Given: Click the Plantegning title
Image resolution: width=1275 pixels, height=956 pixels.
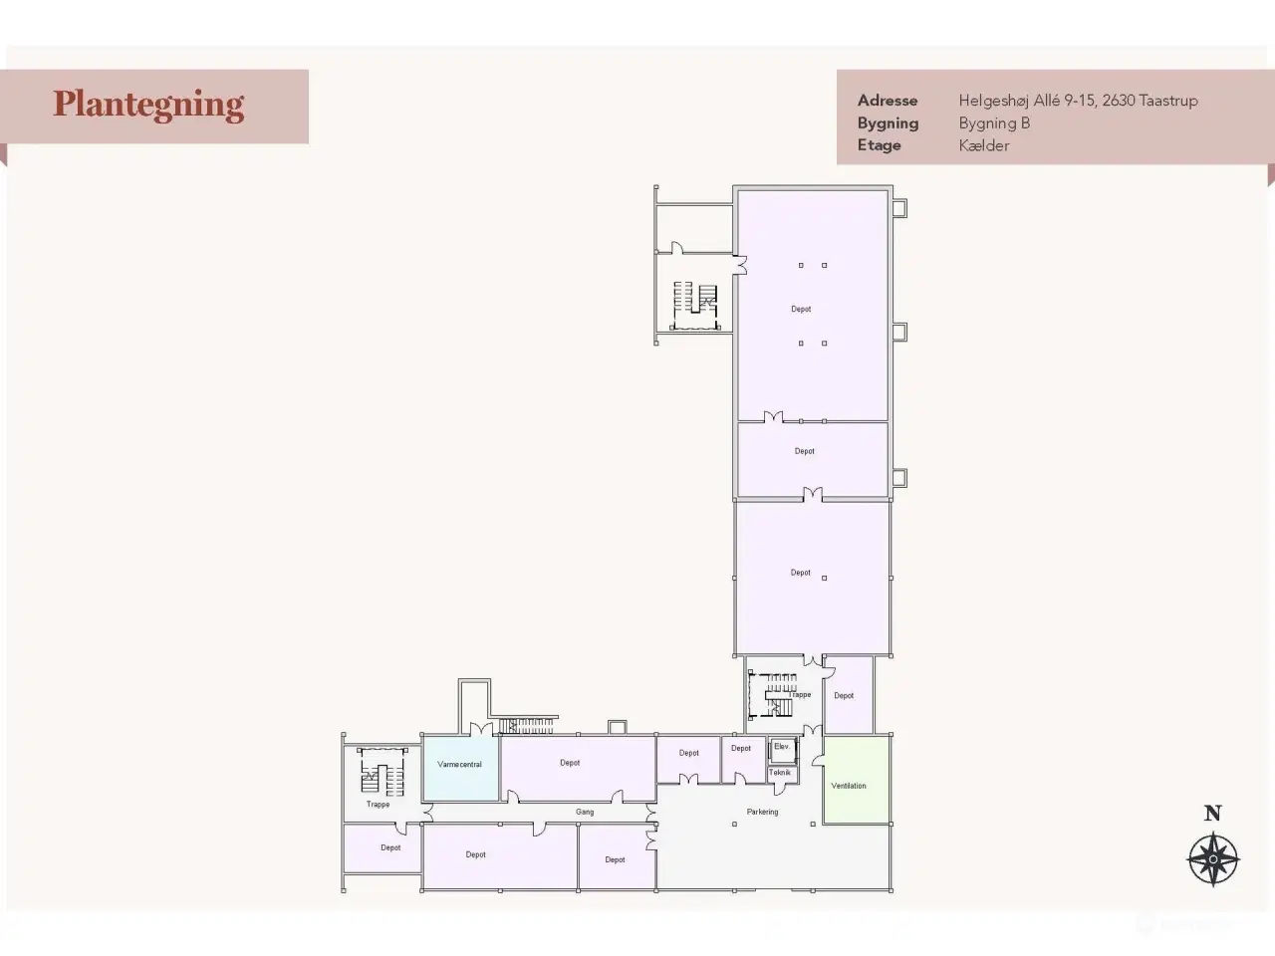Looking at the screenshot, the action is [148, 106].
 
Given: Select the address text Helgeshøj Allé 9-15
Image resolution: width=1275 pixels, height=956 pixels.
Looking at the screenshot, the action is [1026, 101].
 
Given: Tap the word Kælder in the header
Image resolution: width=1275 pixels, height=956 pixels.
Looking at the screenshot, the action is [984, 145].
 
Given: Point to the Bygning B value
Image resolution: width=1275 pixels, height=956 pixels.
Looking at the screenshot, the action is [994, 123].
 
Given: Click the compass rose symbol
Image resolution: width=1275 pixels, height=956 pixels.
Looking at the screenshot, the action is [1213, 859].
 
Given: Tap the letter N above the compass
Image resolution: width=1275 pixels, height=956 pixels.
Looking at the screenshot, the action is [1213, 814].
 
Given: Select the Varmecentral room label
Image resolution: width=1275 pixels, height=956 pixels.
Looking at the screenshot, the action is [459, 765].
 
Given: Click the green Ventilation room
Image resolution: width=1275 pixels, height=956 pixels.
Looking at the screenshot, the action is [857, 780].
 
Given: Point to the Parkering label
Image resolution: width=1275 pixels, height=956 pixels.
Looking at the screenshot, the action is [762, 812].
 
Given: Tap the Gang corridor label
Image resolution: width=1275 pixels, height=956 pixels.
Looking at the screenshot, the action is [585, 812].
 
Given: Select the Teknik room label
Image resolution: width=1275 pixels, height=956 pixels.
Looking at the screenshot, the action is [780, 773].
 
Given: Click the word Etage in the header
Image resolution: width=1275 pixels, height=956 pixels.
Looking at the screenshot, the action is [879, 145].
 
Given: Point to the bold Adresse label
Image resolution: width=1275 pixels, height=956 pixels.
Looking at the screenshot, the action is [888, 101].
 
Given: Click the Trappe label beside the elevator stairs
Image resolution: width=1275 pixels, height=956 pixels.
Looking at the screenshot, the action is [800, 695].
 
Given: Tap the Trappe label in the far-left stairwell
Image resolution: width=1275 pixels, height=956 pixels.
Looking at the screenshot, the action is [378, 805].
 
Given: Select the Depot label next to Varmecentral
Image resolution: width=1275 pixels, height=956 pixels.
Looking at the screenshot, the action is [570, 763].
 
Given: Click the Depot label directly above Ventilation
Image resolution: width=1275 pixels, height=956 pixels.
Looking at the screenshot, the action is [844, 695].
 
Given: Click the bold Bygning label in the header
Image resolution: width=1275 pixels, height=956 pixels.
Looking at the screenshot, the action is [889, 123].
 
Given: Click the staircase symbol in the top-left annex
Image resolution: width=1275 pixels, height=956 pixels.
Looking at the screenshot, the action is [695, 306].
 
